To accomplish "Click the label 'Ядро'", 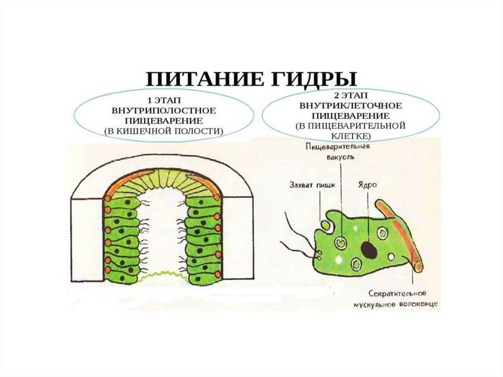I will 364,185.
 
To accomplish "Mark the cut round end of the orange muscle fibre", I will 418,267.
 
